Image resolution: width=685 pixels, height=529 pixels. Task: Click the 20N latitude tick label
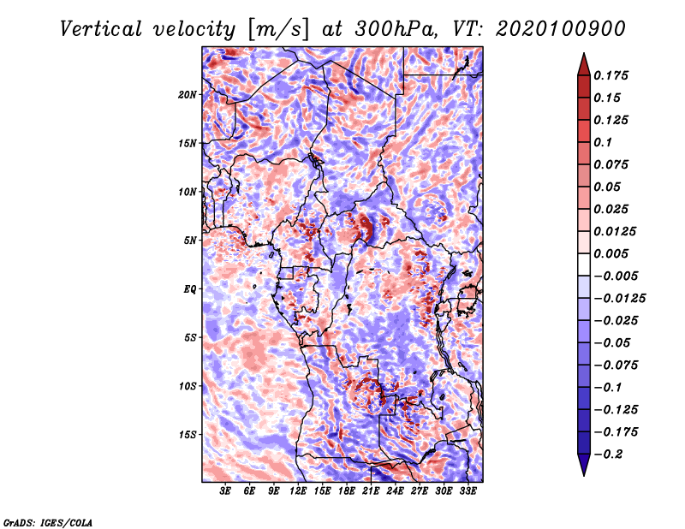coord(187,95)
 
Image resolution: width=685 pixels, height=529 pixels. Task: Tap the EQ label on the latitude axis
coord(189,289)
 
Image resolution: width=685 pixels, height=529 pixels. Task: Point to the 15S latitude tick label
coord(187,435)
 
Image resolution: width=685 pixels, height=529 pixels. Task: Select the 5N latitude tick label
coord(189,241)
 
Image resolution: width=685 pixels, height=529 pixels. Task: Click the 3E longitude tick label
coord(225,491)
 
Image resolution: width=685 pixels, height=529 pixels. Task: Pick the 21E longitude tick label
coord(371,491)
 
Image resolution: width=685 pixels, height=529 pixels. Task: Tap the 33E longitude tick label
coord(468,491)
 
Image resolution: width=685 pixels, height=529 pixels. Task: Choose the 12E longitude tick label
coord(298,491)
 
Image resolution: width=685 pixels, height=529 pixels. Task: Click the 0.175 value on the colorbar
coord(611,75)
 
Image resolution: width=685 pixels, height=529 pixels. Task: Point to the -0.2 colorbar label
coord(608,455)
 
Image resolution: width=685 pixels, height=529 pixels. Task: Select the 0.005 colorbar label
coord(611,253)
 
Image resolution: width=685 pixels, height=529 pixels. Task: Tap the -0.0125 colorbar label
coord(619,299)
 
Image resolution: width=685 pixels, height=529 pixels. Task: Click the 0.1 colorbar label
coord(603,142)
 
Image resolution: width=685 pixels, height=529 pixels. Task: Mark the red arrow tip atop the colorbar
coord(584,53)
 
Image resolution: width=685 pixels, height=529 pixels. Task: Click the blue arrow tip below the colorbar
coord(584,475)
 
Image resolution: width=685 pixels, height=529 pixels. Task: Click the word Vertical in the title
coord(100,29)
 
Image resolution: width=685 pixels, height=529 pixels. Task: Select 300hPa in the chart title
coord(396,29)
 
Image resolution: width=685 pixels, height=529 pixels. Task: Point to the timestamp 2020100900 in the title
coord(561,29)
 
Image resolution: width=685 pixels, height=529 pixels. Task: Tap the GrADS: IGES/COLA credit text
coord(48,522)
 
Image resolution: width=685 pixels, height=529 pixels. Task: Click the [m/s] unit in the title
coord(278,29)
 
